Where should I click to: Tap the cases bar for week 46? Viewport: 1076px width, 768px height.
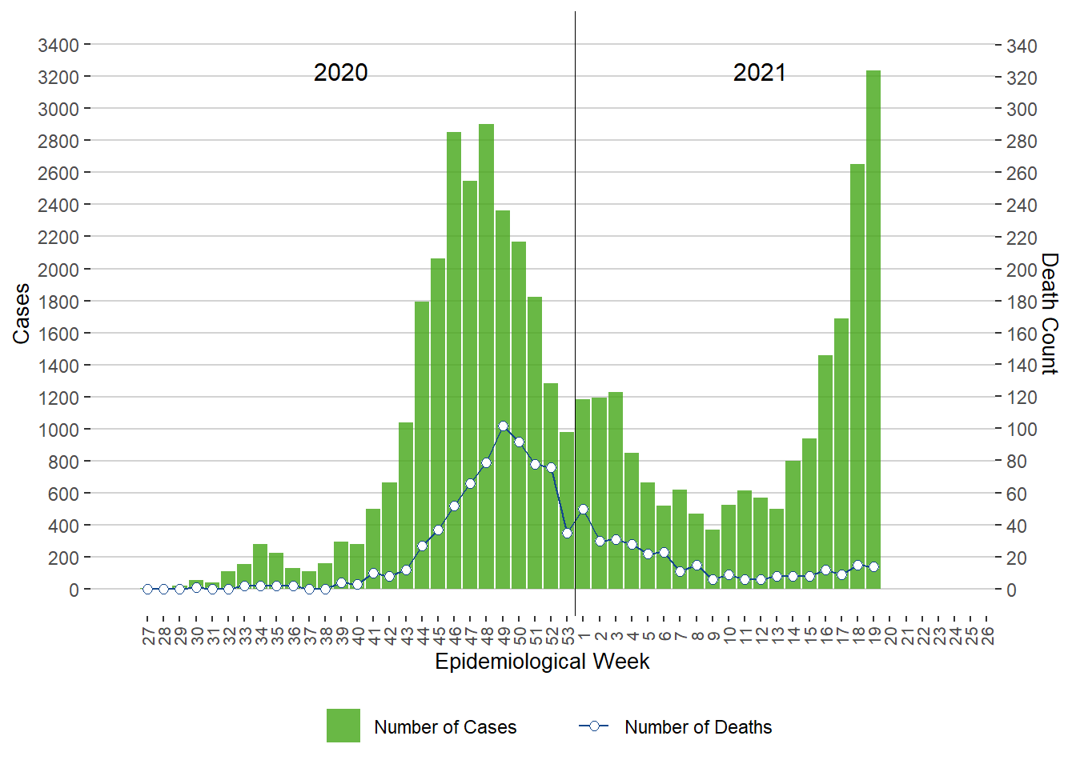(454, 360)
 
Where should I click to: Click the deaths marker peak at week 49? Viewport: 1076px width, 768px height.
(503, 426)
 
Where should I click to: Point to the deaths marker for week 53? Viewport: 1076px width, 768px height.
(567, 533)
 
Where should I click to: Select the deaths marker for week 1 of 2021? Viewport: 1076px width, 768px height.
(583, 509)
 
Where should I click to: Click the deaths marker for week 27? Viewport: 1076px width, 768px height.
(147, 589)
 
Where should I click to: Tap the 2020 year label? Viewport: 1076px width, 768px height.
(341, 73)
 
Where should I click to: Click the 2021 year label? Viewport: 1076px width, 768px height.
(760, 73)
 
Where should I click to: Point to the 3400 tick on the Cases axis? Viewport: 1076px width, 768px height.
(58, 45)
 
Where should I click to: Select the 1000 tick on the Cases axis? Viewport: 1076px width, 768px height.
(58, 430)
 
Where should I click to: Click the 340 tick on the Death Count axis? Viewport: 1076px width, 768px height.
(1022, 46)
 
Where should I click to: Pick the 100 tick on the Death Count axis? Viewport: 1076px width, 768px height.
(1022, 430)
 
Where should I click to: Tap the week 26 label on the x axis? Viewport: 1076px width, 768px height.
(987, 636)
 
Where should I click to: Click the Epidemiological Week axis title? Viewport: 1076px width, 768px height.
(542, 662)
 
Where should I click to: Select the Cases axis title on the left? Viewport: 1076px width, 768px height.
(22, 314)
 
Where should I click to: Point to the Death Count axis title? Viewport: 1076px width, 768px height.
(1050, 314)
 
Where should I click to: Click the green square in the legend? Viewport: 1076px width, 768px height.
(343, 726)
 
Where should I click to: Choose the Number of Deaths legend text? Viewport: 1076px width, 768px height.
(698, 727)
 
